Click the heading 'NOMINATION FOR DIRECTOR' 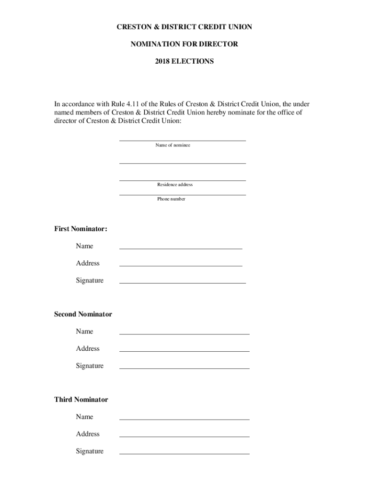click(x=184, y=45)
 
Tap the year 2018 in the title click(x=163, y=62)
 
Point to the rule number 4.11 click(x=135, y=104)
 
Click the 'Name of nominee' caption click(x=173, y=145)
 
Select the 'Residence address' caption click(x=175, y=185)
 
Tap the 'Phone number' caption click(x=171, y=199)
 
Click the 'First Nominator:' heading click(x=81, y=229)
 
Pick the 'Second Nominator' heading click(x=83, y=314)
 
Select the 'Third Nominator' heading click(x=81, y=400)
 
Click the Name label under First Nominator click(x=84, y=246)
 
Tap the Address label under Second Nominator click(x=88, y=349)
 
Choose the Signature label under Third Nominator click(x=90, y=451)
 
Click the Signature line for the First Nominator click(x=182, y=283)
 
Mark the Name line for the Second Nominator click(x=184, y=334)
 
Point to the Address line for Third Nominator click(x=184, y=436)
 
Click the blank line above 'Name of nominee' click(x=182, y=141)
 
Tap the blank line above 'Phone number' click(x=182, y=195)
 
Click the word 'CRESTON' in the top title click(x=133, y=27)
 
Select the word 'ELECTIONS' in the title click(x=193, y=62)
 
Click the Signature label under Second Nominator click(x=90, y=366)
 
